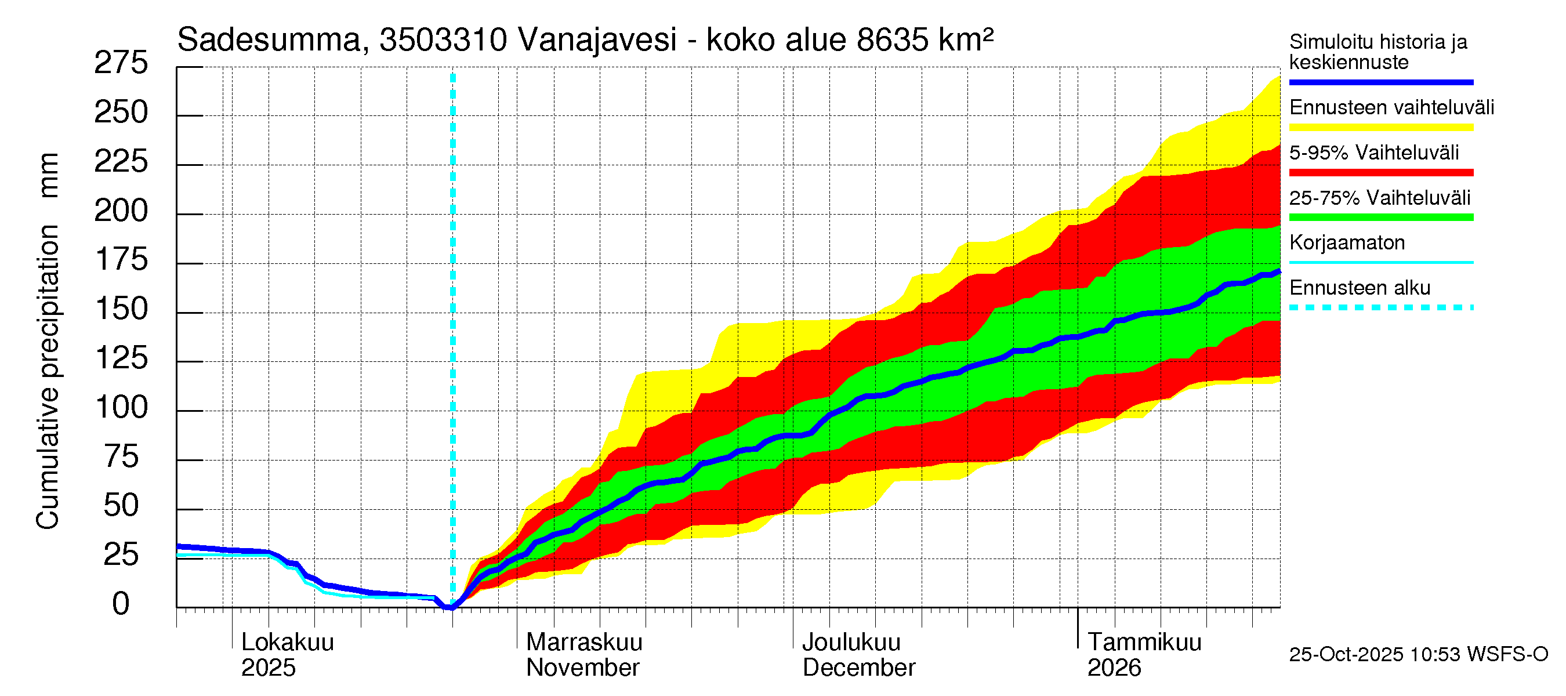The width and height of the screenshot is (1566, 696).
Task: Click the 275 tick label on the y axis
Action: (x=121, y=63)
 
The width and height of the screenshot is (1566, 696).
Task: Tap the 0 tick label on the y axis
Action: (x=121, y=604)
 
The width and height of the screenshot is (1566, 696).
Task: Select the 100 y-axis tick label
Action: (x=121, y=407)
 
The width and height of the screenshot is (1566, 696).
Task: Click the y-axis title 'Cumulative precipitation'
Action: (x=48, y=377)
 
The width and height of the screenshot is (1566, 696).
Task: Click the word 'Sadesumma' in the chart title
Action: (x=269, y=40)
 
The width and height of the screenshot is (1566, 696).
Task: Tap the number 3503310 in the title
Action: (x=443, y=40)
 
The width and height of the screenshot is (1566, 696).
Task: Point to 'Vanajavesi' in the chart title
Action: (x=597, y=40)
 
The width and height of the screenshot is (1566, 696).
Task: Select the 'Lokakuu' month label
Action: (x=288, y=643)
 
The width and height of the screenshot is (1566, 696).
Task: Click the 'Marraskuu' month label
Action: (x=583, y=643)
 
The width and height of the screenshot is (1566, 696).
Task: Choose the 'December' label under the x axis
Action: (x=858, y=668)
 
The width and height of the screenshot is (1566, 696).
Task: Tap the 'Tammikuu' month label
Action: (x=1144, y=643)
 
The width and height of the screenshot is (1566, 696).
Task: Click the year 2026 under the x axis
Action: (x=1114, y=668)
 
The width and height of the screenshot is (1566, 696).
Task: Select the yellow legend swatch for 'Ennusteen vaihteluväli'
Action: (x=1380, y=128)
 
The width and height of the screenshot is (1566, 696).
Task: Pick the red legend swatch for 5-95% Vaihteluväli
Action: (x=1380, y=173)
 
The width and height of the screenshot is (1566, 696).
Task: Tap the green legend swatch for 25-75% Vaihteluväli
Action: (x=1380, y=217)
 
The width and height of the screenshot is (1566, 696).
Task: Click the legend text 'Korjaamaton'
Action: (x=1347, y=242)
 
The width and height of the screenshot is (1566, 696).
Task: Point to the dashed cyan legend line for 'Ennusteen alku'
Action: (x=1380, y=307)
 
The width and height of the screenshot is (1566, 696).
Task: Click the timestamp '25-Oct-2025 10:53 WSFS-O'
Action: (x=1418, y=655)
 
